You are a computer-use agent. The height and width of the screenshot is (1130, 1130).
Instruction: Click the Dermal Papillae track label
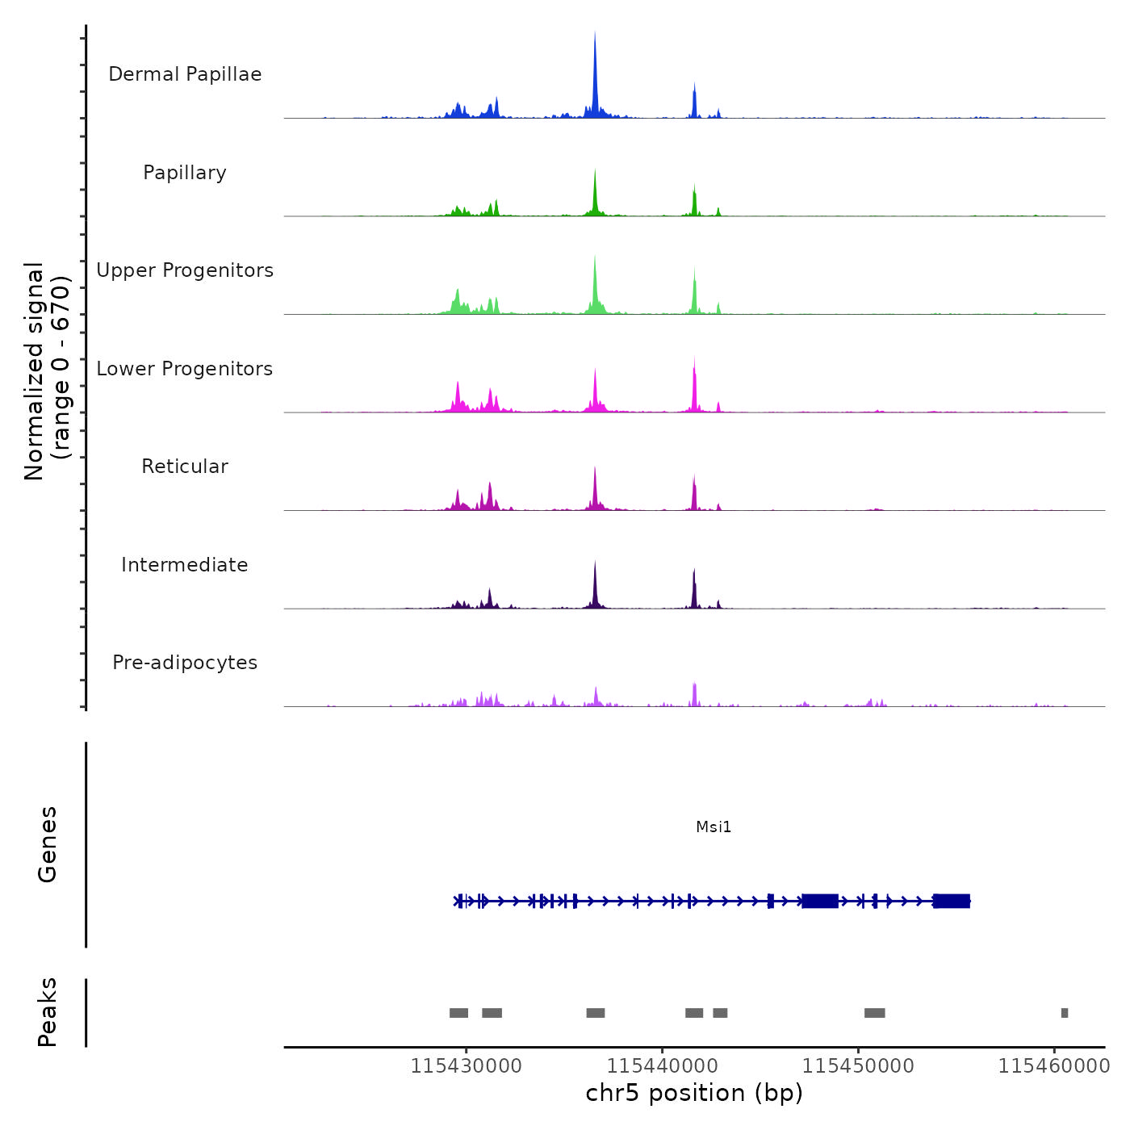click(x=185, y=74)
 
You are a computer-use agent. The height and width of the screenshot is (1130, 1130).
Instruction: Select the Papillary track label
click(x=185, y=173)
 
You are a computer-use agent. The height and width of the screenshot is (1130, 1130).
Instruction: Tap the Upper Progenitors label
click(x=185, y=270)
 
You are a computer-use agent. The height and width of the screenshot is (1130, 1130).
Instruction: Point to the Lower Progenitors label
click(x=185, y=369)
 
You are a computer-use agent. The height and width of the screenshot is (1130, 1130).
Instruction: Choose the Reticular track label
click(x=185, y=467)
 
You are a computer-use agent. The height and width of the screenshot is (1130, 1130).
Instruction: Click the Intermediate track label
click(x=185, y=565)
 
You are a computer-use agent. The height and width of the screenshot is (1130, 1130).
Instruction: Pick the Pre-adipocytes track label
click(x=185, y=663)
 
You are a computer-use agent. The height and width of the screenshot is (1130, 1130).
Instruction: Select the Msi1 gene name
click(x=714, y=827)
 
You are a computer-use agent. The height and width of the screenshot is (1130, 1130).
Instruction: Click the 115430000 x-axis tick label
click(x=466, y=1066)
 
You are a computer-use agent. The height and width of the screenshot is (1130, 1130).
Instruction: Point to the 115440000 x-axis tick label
click(x=662, y=1066)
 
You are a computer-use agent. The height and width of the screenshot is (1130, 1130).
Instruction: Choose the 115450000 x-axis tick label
click(x=858, y=1066)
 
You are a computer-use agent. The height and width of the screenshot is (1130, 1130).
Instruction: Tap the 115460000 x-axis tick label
click(x=1054, y=1066)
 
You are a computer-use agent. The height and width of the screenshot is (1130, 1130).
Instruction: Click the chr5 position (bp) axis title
click(x=694, y=1093)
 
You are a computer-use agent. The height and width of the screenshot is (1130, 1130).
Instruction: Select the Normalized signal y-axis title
click(x=47, y=370)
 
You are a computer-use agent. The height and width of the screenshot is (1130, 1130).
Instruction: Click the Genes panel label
click(x=48, y=844)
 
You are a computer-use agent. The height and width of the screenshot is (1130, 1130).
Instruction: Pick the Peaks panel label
click(x=48, y=1012)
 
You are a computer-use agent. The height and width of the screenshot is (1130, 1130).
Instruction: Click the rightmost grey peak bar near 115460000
click(x=1065, y=1013)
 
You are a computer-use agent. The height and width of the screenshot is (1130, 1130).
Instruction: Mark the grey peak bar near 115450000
click(x=874, y=1013)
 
